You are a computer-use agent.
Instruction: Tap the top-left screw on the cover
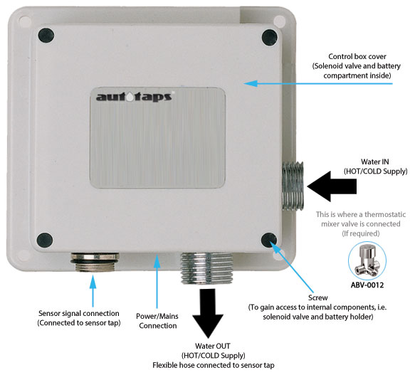click(46, 33)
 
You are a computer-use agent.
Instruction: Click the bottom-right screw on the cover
click(269, 240)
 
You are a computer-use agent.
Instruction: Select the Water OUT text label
click(209, 344)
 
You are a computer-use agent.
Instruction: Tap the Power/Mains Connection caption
click(156, 319)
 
